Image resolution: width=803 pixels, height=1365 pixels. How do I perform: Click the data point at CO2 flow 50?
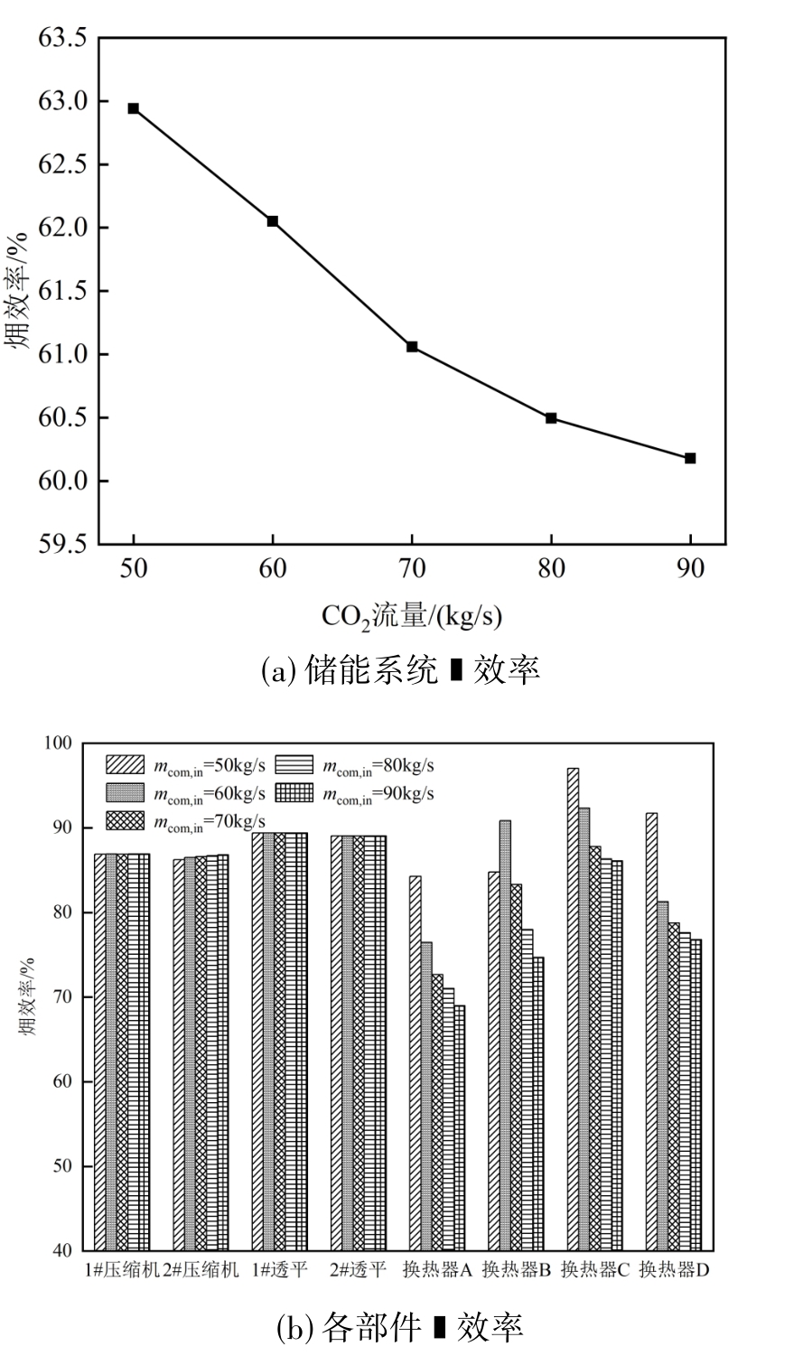134,108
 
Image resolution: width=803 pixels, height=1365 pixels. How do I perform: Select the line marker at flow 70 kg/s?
412,347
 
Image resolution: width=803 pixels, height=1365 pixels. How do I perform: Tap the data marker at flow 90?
690,458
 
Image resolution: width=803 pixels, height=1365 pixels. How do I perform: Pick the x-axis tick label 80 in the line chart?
551,569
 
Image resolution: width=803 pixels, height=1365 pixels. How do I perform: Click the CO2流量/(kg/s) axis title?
412,617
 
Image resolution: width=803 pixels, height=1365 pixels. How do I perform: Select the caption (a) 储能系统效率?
401,670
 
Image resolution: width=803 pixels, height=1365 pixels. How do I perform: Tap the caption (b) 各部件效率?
400,1326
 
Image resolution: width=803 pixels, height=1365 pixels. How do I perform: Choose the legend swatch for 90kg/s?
297,793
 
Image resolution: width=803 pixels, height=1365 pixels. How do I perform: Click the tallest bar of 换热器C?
573,1009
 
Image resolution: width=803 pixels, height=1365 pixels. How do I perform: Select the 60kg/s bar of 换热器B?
505,1035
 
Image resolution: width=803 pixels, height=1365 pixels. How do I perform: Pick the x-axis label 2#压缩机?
201,1270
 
